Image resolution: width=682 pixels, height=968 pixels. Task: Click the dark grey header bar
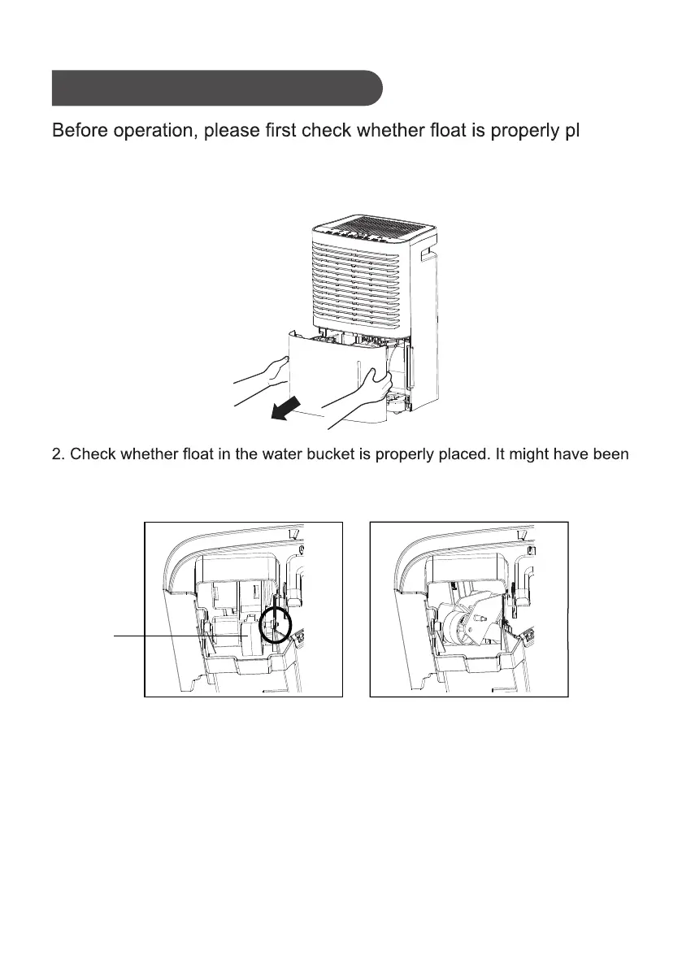(x=216, y=88)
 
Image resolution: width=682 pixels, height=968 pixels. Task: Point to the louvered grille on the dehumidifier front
(x=358, y=284)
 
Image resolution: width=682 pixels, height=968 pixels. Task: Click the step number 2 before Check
(x=56, y=454)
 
